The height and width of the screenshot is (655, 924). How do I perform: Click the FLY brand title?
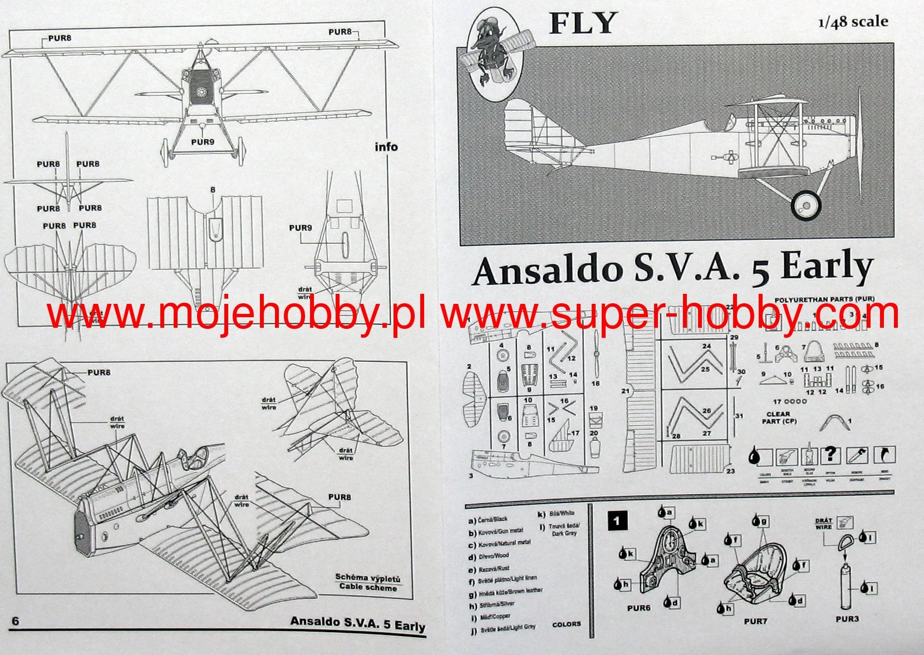pyautogui.click(x=582, y=24)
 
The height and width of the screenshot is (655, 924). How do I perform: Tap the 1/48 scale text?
pyautogui.click(x=853, y=22)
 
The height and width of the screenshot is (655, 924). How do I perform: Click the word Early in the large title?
pyautogui.click(x=826, y=268)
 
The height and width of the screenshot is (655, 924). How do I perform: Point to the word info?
pyautogui.click(x=386, y=147)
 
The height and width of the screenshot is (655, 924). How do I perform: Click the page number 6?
pyautogui.click(x=16, y=621)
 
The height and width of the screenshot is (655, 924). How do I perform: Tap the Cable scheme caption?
pyautogui.click(x=368, y=587)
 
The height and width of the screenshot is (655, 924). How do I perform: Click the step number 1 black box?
pyautogui.click(x=617, y=521)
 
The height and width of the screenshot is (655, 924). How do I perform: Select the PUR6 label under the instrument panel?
pyautogui.click(x=638, y=608)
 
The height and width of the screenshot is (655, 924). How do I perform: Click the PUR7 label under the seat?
pyautogui.click(x=755, y=621)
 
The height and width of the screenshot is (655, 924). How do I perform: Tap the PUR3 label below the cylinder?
pyautogui.click(x=847, y=619)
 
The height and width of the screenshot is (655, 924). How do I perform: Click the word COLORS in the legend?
pyautogui.click(x=566, y=624)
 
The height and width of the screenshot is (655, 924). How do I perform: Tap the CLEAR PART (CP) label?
pyautogui.click(x=778, y=417)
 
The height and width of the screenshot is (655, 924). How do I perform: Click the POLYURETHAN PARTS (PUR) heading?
pyautogui.click(x=824, y=299)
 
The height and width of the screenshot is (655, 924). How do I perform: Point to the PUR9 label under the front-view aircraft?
pyautogui.click(x=203, y=142)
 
